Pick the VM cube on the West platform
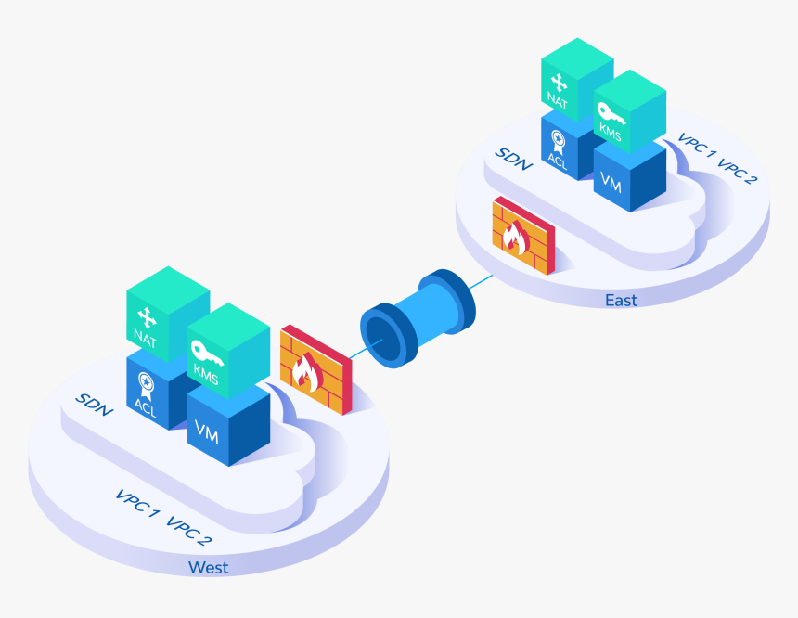[228, 428]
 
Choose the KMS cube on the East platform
[630, 111]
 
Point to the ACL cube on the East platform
[565, 148]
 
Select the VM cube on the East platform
[630, 176]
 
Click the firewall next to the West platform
[316, 369]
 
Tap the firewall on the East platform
[523, 235]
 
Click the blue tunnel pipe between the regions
[418, 318]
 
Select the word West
[208, 567]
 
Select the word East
[621, 301]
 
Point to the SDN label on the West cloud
[94, 405]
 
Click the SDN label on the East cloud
[514, 160]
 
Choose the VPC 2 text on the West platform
[188, 532]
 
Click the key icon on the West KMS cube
[206, 353]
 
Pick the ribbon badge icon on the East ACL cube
[558, 142]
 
